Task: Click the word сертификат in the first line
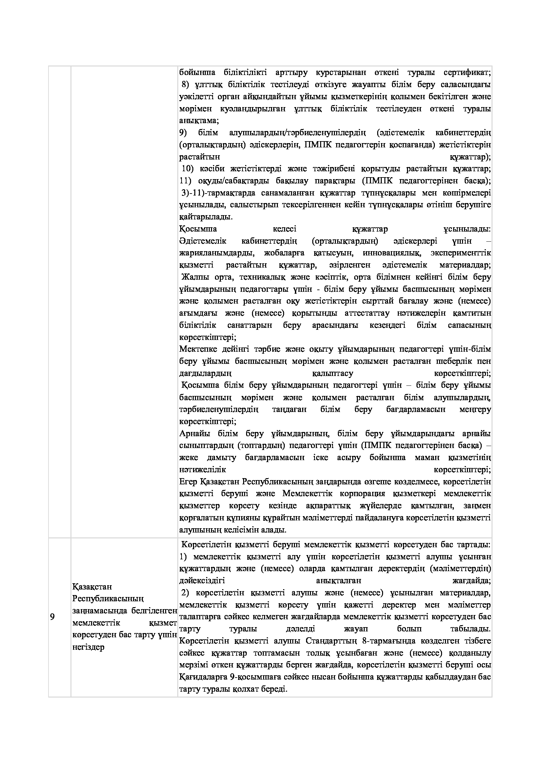pyautogui.click(x=467, y=72)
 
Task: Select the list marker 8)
pyautogui.click(x=185, y=84)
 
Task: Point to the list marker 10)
pyautogui.click(x=187, y=169)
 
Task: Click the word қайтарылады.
pyautogui.click(x=205, y=217)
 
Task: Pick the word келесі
pyautogui.click(x=284, y=229)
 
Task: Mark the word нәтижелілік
pyautogui.click(x=203, y=470)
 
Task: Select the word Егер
pyautogui.click(x=188, y=482)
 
